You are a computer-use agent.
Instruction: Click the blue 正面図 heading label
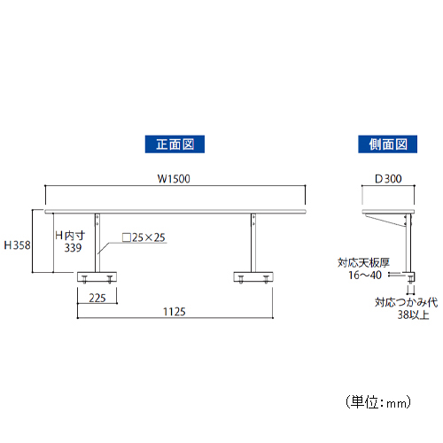click(175, 144)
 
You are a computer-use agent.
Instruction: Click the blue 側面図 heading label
click(387, 144)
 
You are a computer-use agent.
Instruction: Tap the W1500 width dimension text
click(174, 179)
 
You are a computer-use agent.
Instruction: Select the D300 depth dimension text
click(388, 179)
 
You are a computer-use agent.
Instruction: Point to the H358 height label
click(17, 245)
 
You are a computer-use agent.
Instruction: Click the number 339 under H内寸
click(73, 248)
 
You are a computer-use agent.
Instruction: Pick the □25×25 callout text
click(144, 237)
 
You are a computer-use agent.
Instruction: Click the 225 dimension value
click(97, 298)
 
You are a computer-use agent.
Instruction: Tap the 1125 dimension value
click(175, 312)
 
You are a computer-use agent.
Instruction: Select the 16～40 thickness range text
click(365, 275)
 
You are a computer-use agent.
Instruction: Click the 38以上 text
click(413, 315)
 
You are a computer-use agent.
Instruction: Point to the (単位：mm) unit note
click(378, 402)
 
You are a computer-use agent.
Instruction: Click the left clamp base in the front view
click(97, 277)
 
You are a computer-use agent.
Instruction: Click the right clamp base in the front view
click(253, 277)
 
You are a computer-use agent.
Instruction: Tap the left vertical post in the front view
click(97, 243)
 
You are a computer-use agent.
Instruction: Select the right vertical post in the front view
click(253, 243)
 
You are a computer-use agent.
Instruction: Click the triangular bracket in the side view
click(385, 221)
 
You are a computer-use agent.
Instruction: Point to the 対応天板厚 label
click(363, 262)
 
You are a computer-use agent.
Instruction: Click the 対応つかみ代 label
click(406, 302)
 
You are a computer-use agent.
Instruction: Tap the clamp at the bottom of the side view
click(409, 277)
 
